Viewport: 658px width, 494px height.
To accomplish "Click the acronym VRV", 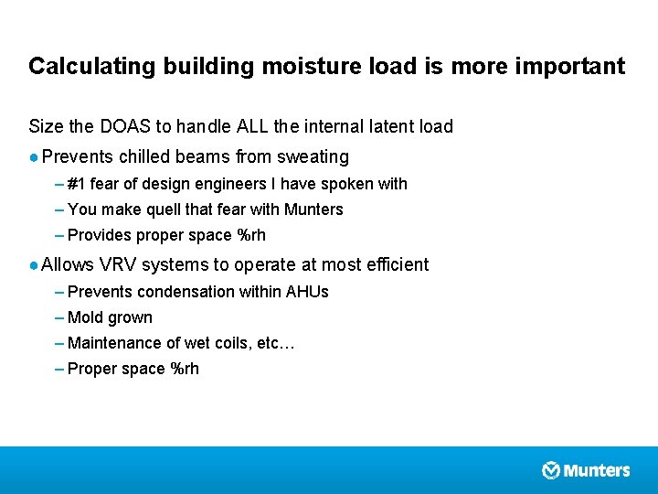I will (x=117, y=264).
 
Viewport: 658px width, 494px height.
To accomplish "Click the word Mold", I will (x=85, y=317).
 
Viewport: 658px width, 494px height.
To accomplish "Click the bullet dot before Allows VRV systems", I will (x=34, y=264).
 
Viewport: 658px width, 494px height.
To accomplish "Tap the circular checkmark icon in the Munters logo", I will (x=551, y=470).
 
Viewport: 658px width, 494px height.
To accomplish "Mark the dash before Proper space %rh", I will (x=59, y=369).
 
